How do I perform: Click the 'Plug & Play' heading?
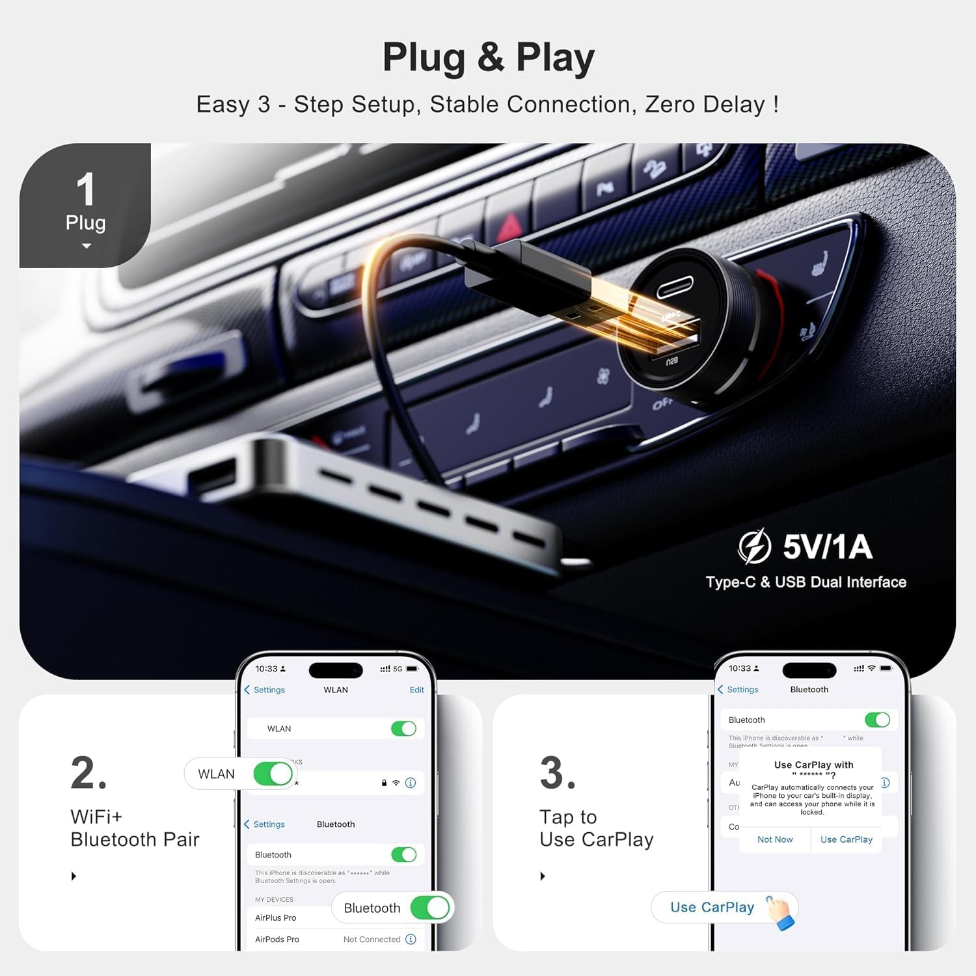pyautogui.click(x=488, y=57)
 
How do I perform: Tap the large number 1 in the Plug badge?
pyautogui.click(x=86, y=189)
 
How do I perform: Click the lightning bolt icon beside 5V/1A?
pyautogui.click(x=754, y=547)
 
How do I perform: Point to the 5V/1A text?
pyautogui.click(x=827, y=547)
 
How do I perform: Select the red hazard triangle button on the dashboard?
pyautogui.click(x=509, y=228)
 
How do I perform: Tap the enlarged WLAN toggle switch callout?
pyautogui.click(x=273, y=774)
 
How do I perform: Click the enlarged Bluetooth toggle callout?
pyautogui.click(x=429, y=908)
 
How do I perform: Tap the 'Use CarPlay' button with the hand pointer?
pyautogui.click(x=712, y=907)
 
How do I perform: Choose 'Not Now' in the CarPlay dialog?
pyautogui.click(x=775, y=839)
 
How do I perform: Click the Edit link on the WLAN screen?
pyautogui.click(x=416, y=690)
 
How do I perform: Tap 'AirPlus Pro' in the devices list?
pyautogui.click(x=276, y=917)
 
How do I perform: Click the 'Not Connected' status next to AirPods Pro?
pyautogui.click(x=372, y=939)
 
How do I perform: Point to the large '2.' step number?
pyautogui.click(x=88, y=773)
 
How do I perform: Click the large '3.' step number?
pyautogui.click(x=558, y=773)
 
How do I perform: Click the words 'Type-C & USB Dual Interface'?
pyautogui.click(x=806, y=582)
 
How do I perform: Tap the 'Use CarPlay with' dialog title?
pyautogui.click(x=813, y=765)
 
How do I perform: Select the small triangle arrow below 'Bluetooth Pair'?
pyautogui.click(x=74, y=876)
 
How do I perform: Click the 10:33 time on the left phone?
pyautogui.click(x=267, y=669)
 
